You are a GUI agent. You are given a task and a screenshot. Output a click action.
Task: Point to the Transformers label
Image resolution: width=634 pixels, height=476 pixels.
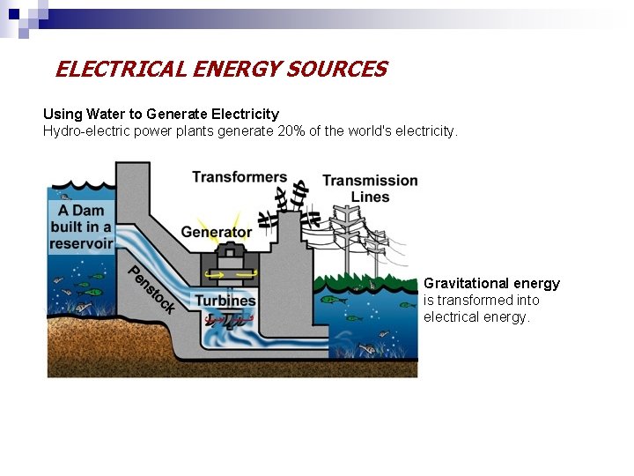[x=240, y=177]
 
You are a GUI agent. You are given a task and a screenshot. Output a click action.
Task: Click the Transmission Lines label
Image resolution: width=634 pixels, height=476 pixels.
[x=370, y=189]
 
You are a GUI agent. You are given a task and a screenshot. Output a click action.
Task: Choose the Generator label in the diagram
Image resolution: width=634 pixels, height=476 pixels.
[x=217, y=233]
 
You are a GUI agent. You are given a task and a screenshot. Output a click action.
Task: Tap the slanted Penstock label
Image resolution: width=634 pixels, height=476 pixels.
[x=151, y=288]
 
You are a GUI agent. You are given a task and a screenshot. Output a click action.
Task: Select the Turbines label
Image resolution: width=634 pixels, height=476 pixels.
[x=225, y=301]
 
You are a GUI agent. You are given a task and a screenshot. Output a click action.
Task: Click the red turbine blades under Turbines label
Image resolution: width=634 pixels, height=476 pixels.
[x=228, y=319]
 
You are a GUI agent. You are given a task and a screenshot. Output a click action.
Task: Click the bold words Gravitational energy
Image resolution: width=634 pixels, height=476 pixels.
[x=491, y=283]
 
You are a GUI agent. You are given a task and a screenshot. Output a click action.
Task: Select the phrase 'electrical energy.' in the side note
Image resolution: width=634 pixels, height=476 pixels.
[x=476, y=316]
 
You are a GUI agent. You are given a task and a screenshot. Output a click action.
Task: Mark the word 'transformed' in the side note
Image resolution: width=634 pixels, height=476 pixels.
[x=475, y=300]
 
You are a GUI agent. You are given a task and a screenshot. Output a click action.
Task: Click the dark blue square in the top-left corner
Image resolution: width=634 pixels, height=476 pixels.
[x=13, y=13]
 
